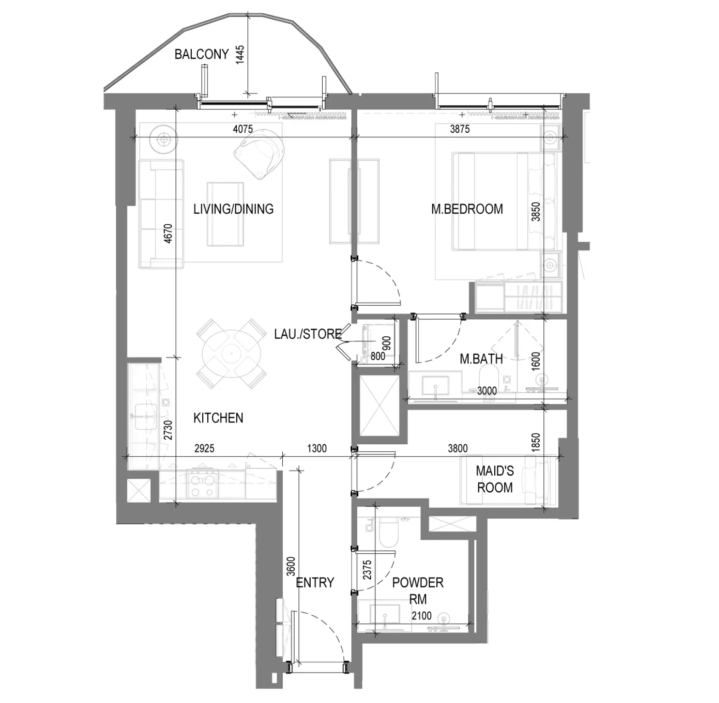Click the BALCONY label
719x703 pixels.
pos(201,54)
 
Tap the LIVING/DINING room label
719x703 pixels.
pos(233,209)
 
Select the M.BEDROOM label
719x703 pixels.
pos(467,209)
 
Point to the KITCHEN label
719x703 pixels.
pos(218,418)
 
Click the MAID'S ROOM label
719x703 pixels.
pos(495,479)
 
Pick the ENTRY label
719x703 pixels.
pos(315,583)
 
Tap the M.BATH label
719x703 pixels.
pos(481,359)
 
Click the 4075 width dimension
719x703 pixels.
pos(243,129)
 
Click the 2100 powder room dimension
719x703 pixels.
pos(422,616)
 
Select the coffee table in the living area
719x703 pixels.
pos(225,214)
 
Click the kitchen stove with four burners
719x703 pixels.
pos(203,484)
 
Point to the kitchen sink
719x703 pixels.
pos(146,417)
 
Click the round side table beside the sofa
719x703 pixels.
pos(163,138)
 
